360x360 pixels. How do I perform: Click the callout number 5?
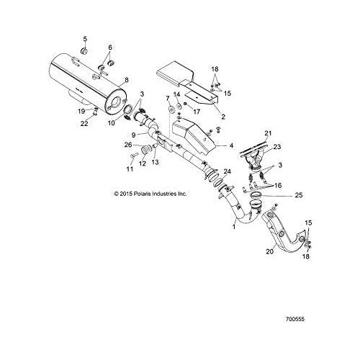coord(85,39)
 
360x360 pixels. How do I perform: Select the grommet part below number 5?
coord(84,51)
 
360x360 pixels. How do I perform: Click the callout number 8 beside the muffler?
coord(127,80)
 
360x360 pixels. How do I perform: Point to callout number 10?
coord(112,123)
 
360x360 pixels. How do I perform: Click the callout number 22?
coord(84,123)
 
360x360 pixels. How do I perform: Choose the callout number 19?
coord(81,111)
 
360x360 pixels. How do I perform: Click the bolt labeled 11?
coord(134,156)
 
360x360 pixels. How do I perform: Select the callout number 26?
coord(128,145)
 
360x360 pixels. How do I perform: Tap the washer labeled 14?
coord(179,105)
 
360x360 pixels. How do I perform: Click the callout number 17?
coord(197,112)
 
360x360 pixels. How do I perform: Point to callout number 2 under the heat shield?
coord(223,117)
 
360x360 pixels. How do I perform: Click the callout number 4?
coord(231,145)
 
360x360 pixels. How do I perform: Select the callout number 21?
coord(268,132)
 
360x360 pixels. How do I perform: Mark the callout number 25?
coord(299,195)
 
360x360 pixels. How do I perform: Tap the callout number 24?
coord(227,171)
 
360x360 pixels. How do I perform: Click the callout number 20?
coord(270,251)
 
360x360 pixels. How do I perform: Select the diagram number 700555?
coord(295,319)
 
